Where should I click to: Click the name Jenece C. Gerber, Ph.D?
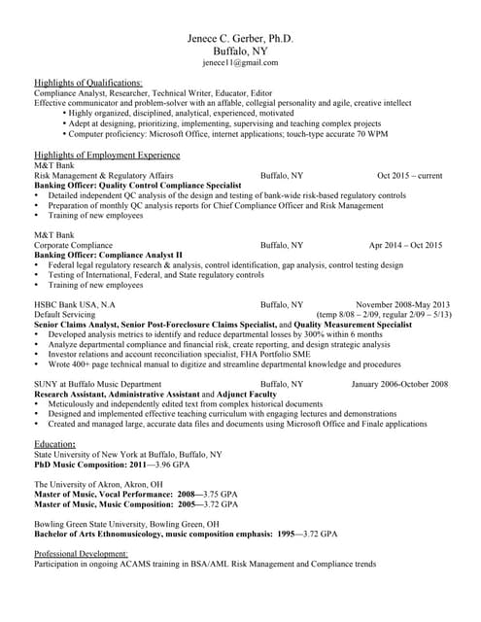coord(240,38)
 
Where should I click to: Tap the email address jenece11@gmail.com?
coord(240,62)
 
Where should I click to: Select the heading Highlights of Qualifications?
coord(88,83)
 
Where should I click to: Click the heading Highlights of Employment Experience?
coord(107,155)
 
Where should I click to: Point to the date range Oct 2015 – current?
coord(409,176)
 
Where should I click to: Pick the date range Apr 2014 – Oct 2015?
coord(405,246)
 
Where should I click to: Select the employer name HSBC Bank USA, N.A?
coord(75,305)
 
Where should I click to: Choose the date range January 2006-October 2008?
coord(399,385)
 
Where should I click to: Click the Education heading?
coord(55,444)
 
